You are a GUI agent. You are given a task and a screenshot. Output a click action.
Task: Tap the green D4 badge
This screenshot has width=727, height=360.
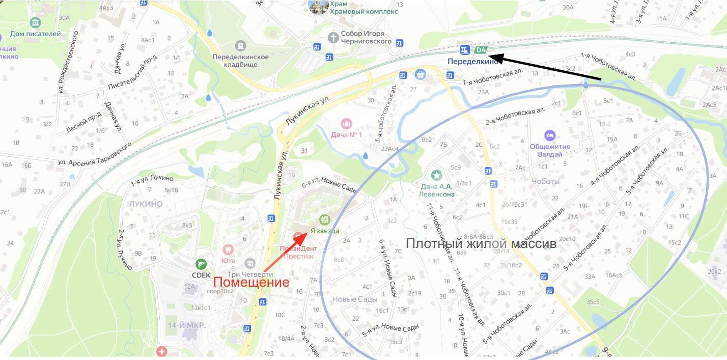point(481,50)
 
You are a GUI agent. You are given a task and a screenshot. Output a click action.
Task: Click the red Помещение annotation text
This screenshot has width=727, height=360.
point(251,282)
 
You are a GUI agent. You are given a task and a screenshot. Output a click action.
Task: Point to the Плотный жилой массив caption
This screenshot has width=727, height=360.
point(481,244)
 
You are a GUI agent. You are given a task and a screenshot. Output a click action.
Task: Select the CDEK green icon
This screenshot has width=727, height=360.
point(201,264)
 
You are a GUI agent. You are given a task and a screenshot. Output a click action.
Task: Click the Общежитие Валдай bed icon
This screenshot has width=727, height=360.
point(549,135)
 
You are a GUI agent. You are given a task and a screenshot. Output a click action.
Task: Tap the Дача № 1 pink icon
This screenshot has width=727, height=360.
point(346,123)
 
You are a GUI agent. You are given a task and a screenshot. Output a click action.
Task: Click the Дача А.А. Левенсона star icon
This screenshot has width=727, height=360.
point(436,175)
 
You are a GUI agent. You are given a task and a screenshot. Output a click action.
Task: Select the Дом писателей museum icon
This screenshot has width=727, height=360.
point(35,23)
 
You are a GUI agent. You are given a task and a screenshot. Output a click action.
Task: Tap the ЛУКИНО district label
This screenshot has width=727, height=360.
point(146,204)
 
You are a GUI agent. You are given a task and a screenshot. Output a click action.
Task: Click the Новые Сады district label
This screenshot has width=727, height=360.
point(355,299)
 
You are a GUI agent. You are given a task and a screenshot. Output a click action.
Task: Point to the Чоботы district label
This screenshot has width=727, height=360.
point(545,181)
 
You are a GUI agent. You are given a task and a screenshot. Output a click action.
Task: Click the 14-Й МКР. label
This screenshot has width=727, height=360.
point(186,325)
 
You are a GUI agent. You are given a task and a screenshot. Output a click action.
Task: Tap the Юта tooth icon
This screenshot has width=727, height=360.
point(228,250)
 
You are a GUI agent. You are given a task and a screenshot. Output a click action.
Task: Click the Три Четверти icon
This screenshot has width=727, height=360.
point(249,263)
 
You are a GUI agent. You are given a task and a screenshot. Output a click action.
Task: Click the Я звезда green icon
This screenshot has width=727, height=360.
point(324,220)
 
